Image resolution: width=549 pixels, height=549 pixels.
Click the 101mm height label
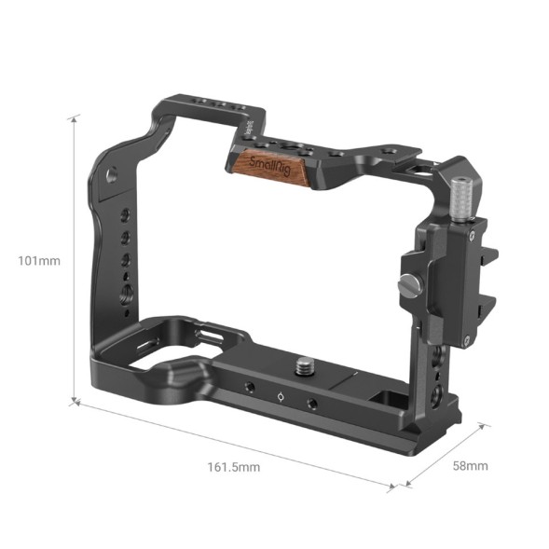pyautogui.click(x=38, y=260)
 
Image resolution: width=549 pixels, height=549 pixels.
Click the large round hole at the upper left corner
pyautogui.click(x=112, y=174)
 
